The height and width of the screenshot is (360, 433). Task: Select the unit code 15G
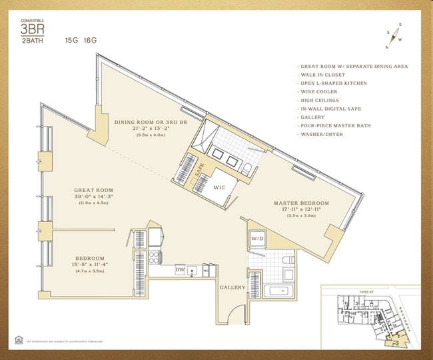(71, 41)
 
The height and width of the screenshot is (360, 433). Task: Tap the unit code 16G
(90, 41)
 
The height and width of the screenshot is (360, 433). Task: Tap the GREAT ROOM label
(93, 190)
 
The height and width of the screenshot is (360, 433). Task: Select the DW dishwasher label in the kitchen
(161, 269)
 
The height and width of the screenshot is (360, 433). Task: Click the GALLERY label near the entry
(233, 288)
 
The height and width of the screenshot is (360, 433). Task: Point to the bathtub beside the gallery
(278, 290)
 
